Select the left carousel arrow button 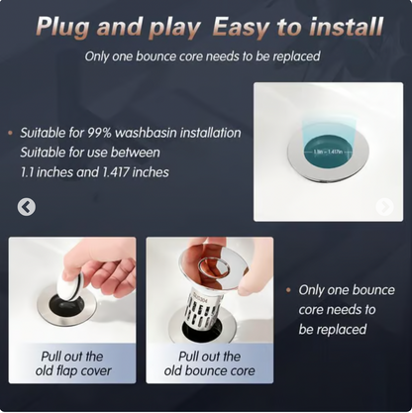point(27,207)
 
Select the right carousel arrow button point(384,207)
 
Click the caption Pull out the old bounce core point(210,363)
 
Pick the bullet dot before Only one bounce point(288,290)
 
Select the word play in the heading point(163,26)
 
